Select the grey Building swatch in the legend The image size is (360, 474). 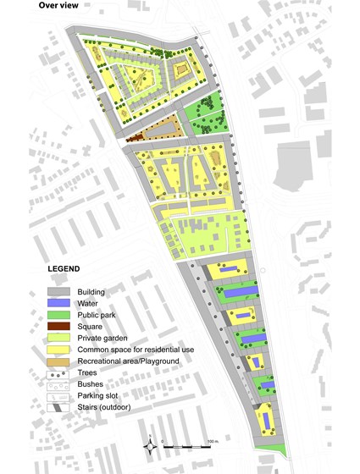pyautogui.click(x=60, y=292)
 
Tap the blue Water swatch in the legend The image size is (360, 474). pyautogui.click(x=60, y=303)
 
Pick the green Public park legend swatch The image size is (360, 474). pyautogui.click(x=60, y=315)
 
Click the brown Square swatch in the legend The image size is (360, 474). pyautogui.click(x=60, y=326)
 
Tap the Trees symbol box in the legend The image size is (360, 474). pyautogui.click(x=60, y=372)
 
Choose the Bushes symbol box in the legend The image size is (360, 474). pyautogui.click(x=60, y=383)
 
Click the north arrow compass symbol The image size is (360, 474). pyautogui.click(x=152, y=444)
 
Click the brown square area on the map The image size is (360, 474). pyautogui.click(x=134, y=136)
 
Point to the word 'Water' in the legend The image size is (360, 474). pyautogui.click(x=87, y=303)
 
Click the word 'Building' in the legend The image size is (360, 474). pyautogui.click(x=91, y=292)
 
